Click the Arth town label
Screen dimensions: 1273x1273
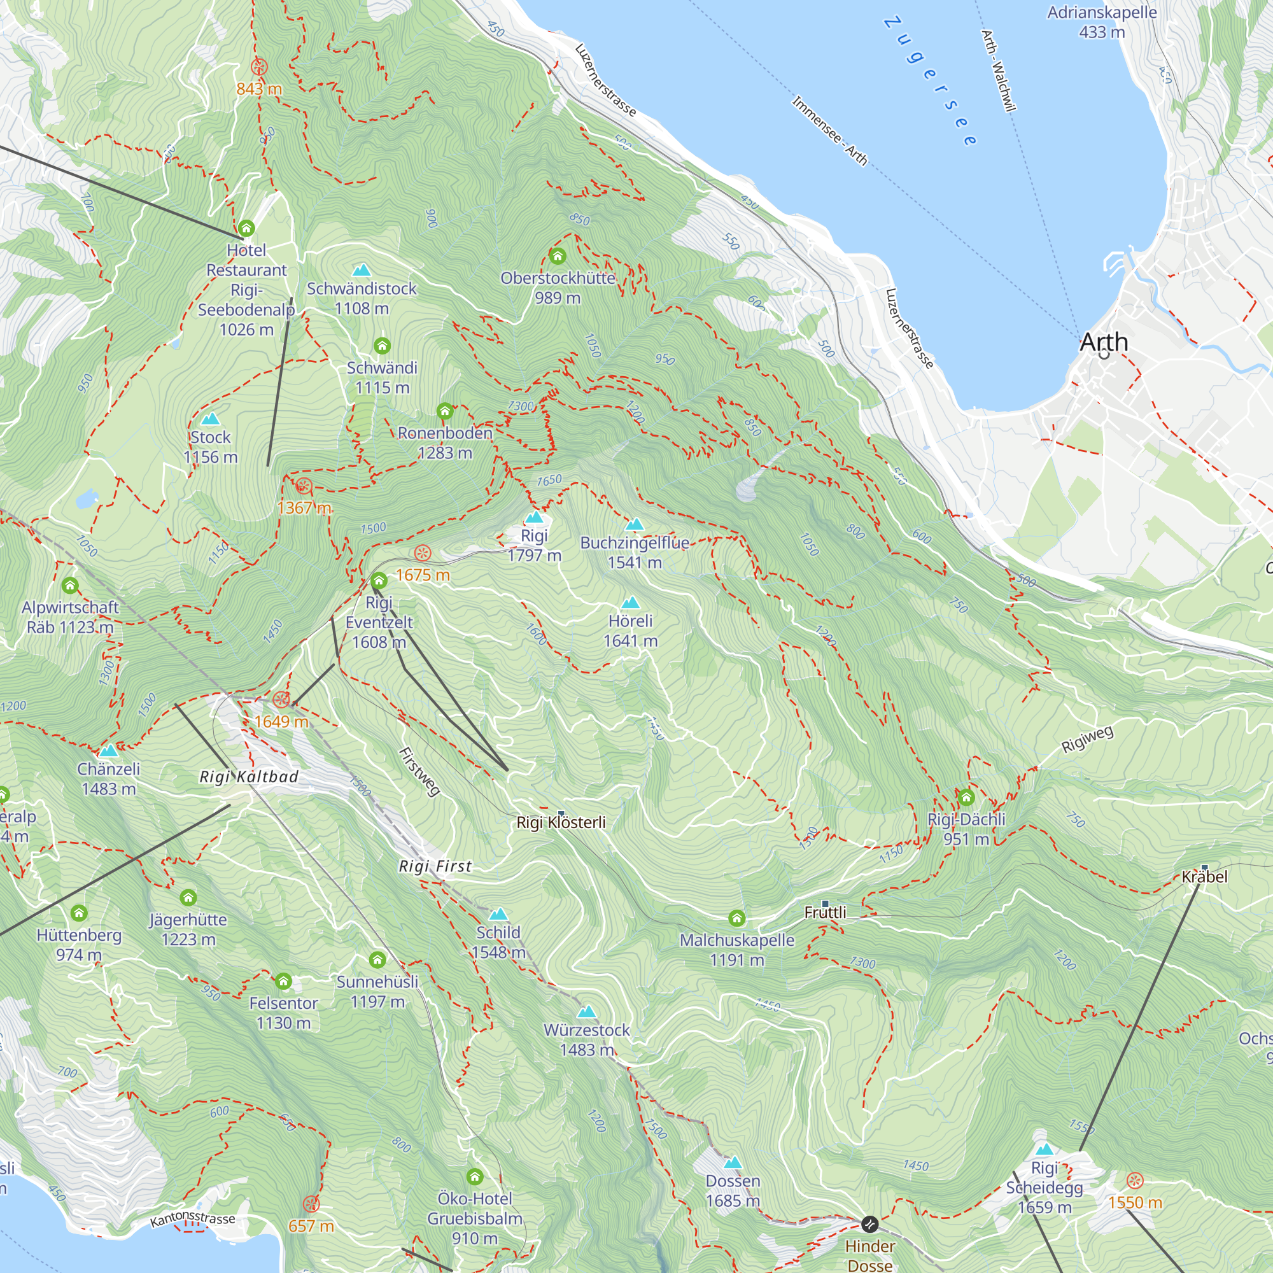(1104, 342)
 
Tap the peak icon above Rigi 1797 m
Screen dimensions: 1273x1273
(534, 517)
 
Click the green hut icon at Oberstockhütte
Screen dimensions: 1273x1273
(558, 256)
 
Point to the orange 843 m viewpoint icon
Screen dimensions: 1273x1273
(259, 67)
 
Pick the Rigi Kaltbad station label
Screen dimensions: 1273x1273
(249, 777)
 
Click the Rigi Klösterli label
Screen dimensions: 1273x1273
(561, 822)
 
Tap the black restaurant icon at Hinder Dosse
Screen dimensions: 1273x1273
(869, 1224)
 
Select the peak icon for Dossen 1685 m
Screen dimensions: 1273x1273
(733, 1163)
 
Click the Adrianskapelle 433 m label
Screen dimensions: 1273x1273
(1102, 22)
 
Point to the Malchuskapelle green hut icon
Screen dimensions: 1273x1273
(736, 918)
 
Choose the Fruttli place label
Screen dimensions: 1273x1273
(825, 913)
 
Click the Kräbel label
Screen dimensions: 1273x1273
(1204, 877)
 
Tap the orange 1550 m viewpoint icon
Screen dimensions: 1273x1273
(1134, 1180)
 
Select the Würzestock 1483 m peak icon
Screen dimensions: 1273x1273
(586, 1012)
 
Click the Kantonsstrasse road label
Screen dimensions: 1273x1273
(192, 1219)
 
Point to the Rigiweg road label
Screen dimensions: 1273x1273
(1087, 739)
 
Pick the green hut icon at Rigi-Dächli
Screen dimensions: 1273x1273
(966, 798)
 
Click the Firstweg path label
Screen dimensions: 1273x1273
(419, 771)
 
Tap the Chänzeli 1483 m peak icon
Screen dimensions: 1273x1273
(108, 750)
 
